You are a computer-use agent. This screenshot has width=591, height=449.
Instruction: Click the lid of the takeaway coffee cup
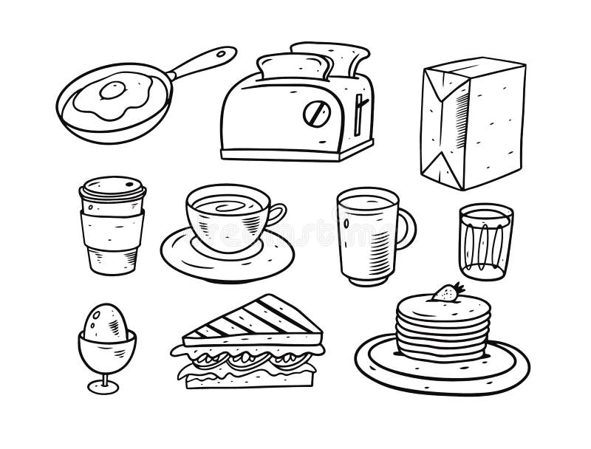pyautogui.click(x=112, y=189)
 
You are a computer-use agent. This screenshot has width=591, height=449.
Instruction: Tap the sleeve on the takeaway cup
pyautogui.click(x=112, y=225)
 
